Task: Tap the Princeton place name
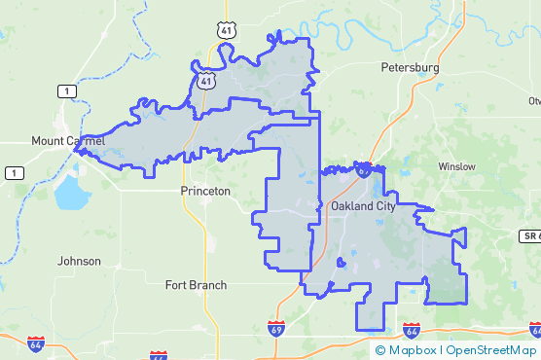click(x=205, y=192)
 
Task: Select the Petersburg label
click(x=410, y=69)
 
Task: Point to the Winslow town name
click(x=456, y=166)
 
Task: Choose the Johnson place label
click(x=79, y=262)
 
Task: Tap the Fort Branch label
click(x=196, y=285)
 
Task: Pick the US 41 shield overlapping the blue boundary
click(x=205, y=81)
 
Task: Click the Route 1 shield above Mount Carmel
click(x=65, y=91)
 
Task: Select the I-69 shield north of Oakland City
click(x=362, y=170)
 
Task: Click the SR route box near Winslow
click(x=528, y=236)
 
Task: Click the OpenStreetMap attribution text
click(x=491, y=350)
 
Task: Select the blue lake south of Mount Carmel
click(x=70, y=195)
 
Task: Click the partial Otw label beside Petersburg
click(x=533, y=101)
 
